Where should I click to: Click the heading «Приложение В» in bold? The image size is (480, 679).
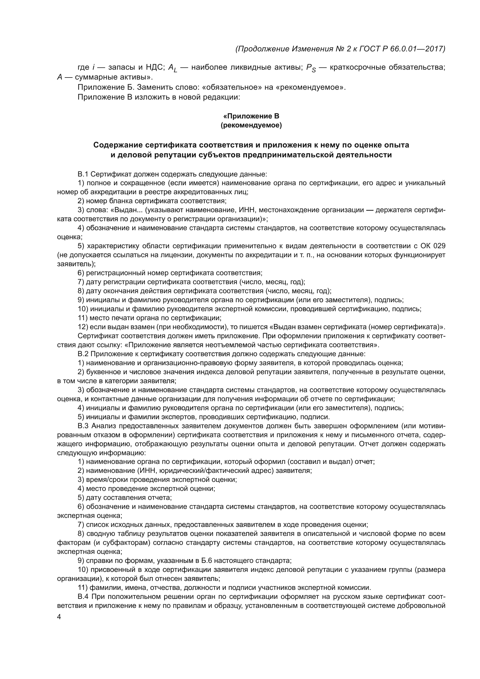[251, 116]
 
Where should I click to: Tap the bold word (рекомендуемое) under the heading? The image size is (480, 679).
[251, 125]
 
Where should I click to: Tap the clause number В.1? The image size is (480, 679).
[83, 174]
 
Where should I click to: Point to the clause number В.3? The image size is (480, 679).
[83, 426]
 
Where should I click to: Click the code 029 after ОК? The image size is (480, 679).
[439, 246]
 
